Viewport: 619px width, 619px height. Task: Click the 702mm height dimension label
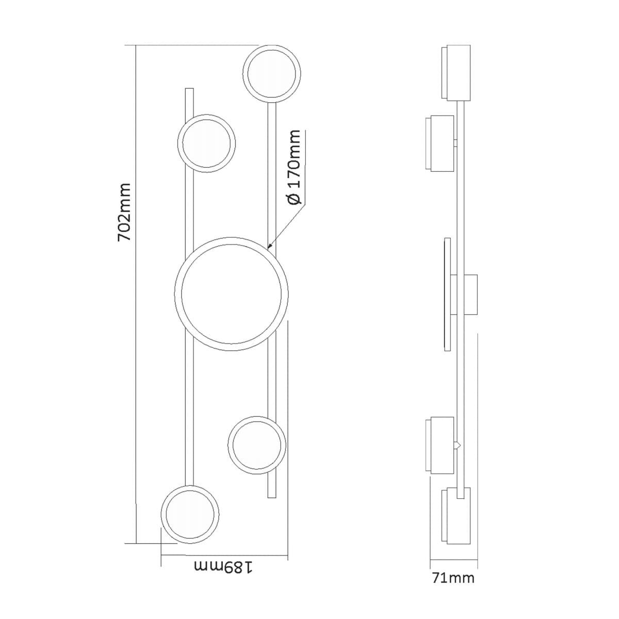click(124, 213)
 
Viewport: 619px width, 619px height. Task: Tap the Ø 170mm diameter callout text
click(294, 167)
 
